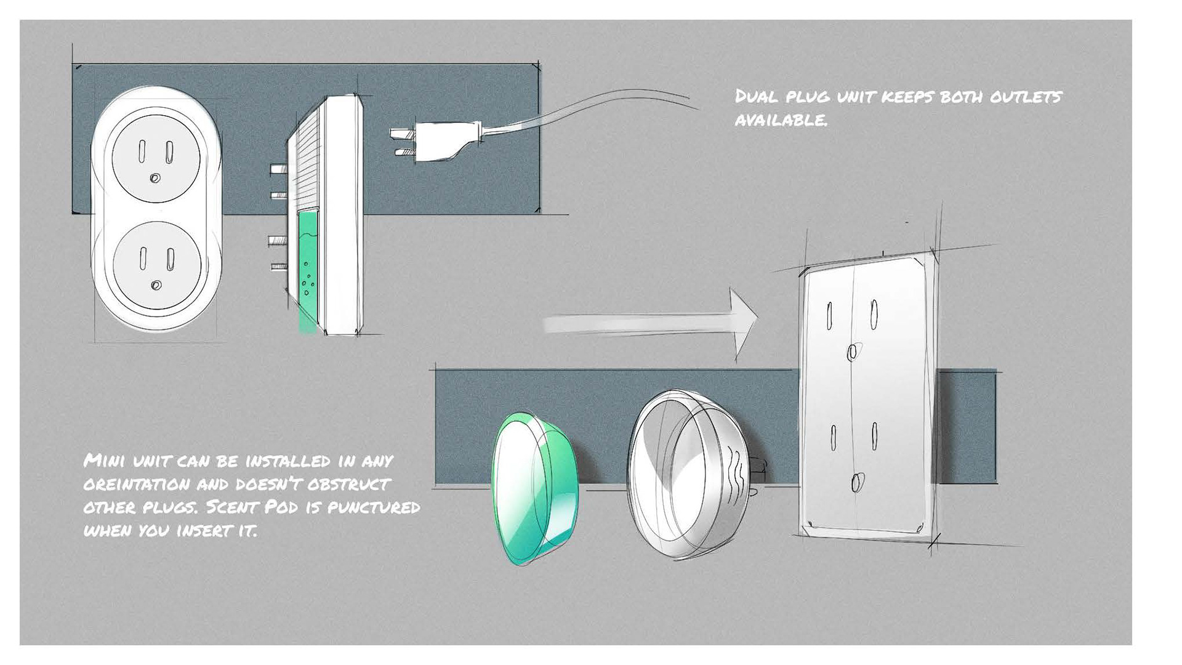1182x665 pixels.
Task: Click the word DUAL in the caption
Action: pyautogui.click(x=757, y=97)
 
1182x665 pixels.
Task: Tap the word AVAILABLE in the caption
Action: pyautogui.click(x=781, y=119)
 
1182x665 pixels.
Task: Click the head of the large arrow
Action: pyautogui.click(x=744, y=323)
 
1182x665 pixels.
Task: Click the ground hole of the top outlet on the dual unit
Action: pyautogui.click(x=155, y=179)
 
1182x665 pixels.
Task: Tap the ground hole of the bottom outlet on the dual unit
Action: pyautogui.click(x=156, y=286)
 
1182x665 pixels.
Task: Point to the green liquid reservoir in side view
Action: pyautogui.click(x=307, y=271)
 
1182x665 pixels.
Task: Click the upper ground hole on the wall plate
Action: pyautogui.click(x=852, y=352)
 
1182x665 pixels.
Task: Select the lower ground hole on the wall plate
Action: pyautogui.click(x=856, y=483)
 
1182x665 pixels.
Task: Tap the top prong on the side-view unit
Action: pyautogui.click(x=278, y=167)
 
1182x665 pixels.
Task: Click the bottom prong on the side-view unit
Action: pyautogui.click(x=278, y=268)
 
